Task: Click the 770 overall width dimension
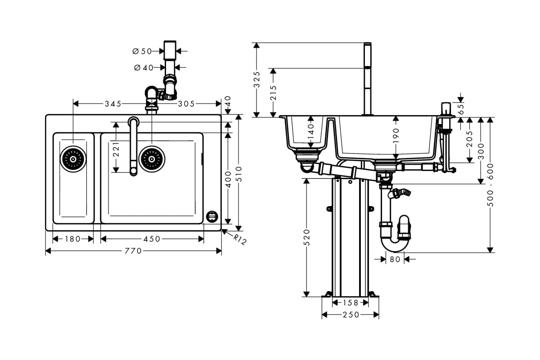[134, 251]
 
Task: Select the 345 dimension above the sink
[113, 104]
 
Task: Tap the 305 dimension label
[186, 104]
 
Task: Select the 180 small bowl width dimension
[72, 239]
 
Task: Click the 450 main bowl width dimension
[152, 239]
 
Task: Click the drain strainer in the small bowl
[72, 158]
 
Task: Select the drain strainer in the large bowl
[152, 158]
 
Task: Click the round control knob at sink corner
[212, 216]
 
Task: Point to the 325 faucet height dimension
[257, 80]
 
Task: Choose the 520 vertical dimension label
[306, 237]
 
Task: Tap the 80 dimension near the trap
[395, 259]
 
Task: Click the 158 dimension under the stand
[351, 303]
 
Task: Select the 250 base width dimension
[351, 315]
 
